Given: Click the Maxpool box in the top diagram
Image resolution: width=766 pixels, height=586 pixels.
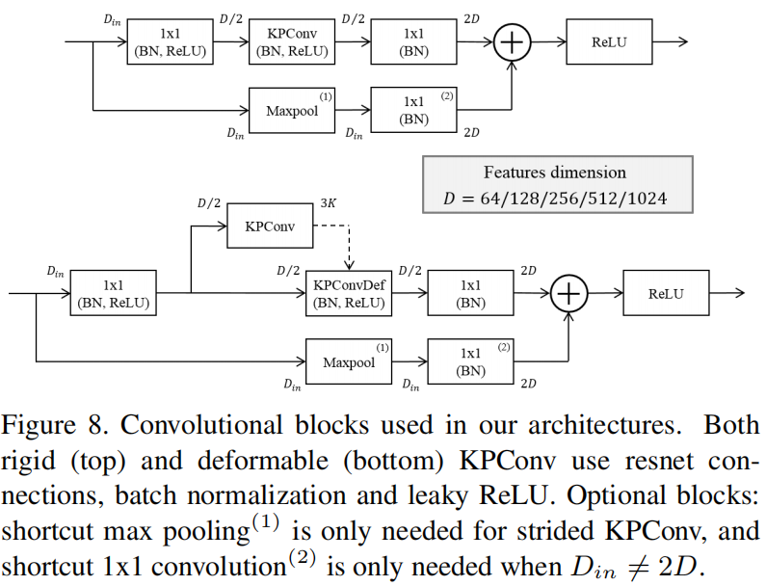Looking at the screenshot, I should pyautogui.click(x=291, y=110).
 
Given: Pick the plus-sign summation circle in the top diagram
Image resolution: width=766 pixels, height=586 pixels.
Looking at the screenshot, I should pyautogui.click(x=512, y=42).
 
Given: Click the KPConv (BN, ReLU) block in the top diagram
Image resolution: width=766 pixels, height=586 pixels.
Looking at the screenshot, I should pyautogui.click(x=291, y=42).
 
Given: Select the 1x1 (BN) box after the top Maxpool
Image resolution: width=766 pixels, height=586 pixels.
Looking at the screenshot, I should pyautogui.click(x=414, y=110).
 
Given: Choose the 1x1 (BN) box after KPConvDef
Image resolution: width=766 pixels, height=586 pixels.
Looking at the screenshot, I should pyautogui.click(x=470, y=293).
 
